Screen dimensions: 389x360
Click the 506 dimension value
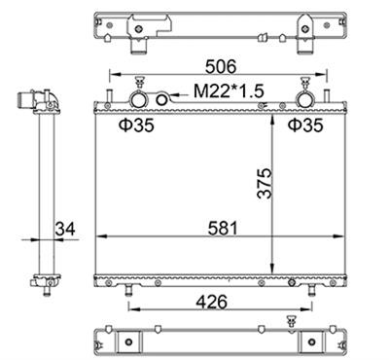coord(221,67)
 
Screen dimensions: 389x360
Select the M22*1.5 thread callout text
coord(229,91)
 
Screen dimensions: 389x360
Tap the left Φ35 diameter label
coord(136,126)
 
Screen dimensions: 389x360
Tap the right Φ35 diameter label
coord(305,126)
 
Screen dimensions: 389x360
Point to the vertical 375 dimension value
coord(265,183)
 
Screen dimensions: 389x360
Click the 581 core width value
coord(223,228)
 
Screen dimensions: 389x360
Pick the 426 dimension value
coord(212,303)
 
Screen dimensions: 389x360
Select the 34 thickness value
coord(65,229)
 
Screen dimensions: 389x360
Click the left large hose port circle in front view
coord(139,99)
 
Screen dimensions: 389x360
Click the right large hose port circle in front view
coord(305,99)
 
